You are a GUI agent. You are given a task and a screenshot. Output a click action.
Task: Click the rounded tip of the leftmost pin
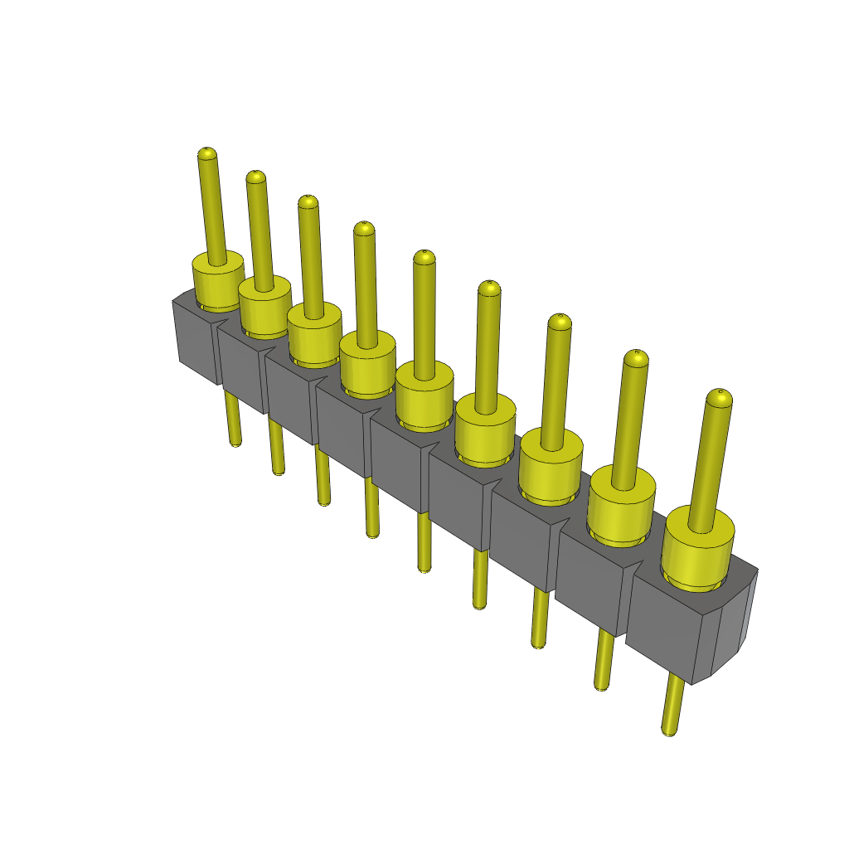click(x=206, y=154)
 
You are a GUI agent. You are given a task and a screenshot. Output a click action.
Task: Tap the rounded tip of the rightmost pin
click(x=719, y=399)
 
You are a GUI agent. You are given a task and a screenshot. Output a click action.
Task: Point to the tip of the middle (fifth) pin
click(x=424, y=257)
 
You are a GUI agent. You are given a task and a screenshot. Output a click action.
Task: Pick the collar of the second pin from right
click(x=621, y=507)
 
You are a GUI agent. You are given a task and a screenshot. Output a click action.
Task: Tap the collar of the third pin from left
click(x=314, y=334)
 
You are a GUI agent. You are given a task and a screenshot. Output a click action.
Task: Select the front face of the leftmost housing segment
click(x=197, y=344)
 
